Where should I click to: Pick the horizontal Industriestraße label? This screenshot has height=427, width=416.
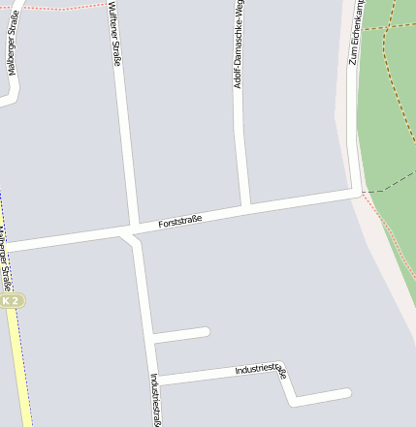point(261,369)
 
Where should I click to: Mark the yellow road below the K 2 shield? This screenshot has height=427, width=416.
point(19,368)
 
